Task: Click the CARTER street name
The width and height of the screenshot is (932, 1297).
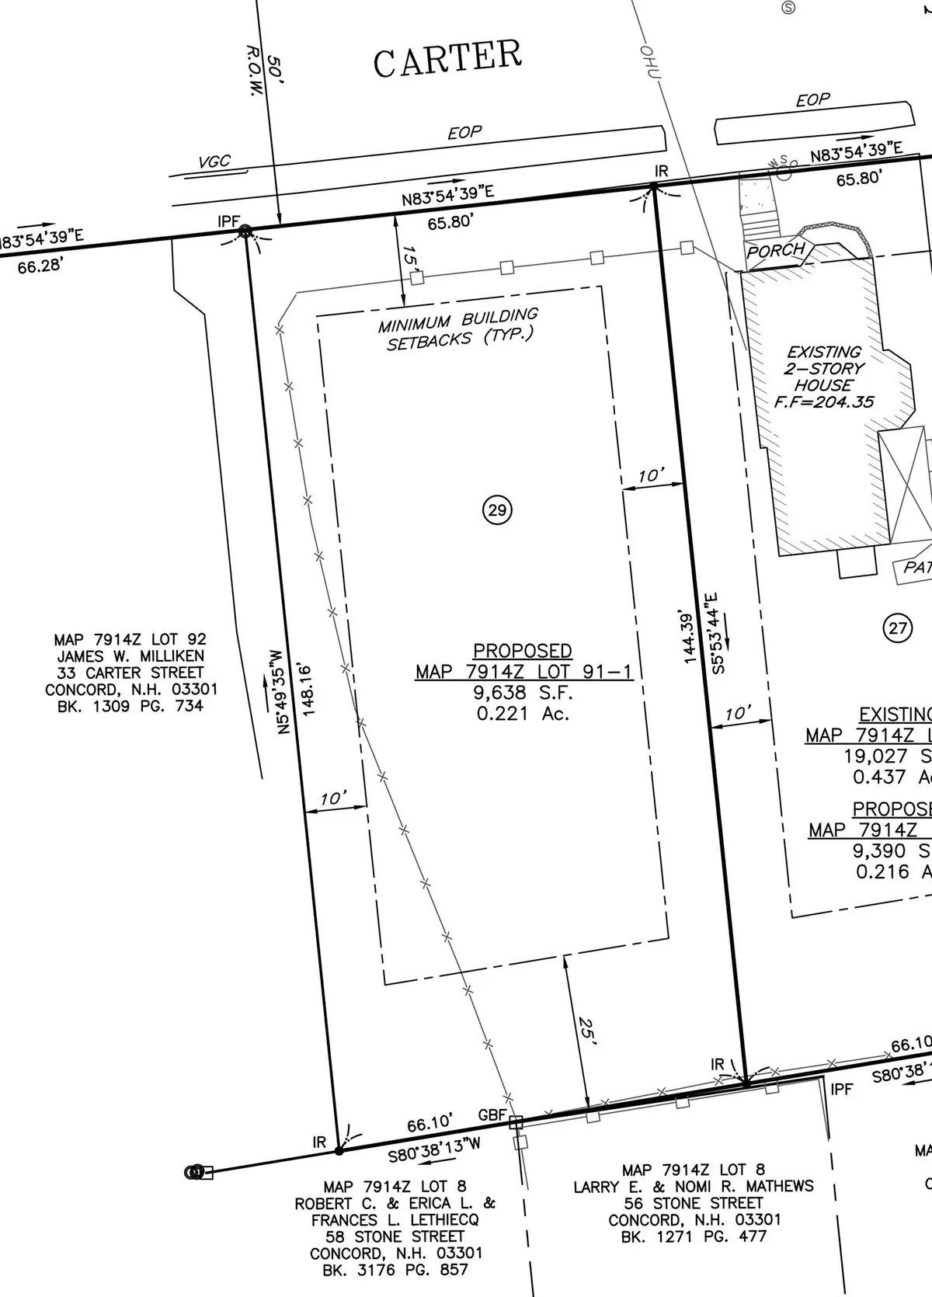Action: point(447,58)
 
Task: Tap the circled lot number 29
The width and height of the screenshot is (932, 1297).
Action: point(498,510)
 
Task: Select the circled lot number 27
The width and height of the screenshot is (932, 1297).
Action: point(898,628)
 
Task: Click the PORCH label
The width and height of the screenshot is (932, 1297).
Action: point(776,250)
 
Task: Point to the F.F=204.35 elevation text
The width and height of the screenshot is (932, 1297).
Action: point(824,402)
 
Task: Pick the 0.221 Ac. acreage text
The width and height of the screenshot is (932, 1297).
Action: point(523,713)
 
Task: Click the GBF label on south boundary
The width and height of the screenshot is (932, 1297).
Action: point(492,1115)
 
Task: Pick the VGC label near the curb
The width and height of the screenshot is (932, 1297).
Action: point(214,162)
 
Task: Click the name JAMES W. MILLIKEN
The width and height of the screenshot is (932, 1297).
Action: point(130,656)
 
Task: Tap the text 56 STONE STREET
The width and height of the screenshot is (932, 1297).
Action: point(694,1203)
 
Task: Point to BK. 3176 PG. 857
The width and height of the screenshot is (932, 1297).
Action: point(395,1270)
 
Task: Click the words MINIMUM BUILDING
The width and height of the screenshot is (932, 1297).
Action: point(458,320)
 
